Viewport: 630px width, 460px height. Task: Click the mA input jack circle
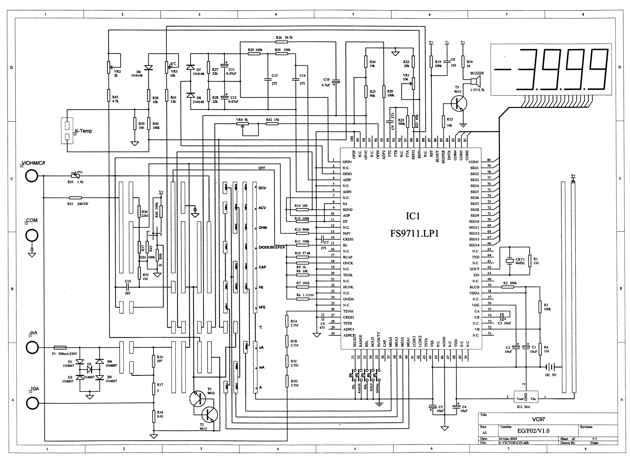(32, 348)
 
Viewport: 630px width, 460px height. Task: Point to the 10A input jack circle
(32, 403)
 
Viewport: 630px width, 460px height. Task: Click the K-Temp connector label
(83, 131)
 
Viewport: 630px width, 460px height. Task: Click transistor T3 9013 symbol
(458, 104)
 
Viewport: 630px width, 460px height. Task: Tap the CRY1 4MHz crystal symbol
(509, 261)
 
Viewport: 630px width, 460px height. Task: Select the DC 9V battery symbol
(550, 367)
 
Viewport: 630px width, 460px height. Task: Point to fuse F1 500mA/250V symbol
(60, 347)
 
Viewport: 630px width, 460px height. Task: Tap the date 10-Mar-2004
(508, 438)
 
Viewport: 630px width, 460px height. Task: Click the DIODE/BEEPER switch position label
(272, 247)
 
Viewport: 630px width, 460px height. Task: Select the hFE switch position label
(262, 307)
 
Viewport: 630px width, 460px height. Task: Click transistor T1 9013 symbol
(198, 399)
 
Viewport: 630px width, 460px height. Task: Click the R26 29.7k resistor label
(284, 38)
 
